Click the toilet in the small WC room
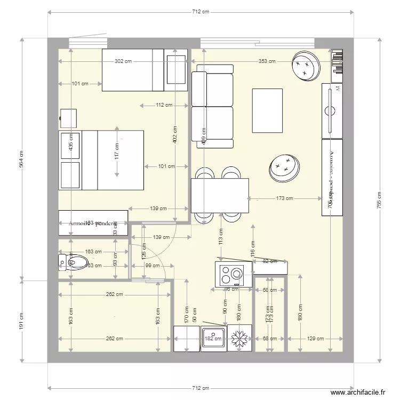[x=75, y=261]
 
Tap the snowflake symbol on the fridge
[x=239, y=338]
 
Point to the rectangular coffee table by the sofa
[x=267, y=111]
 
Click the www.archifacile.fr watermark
[x=358, y=393]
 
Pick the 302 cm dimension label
[x=123, y=61]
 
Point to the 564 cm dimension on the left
[x=22, y=158]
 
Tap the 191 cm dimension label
[x=22, y=320]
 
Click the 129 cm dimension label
[x=315, y=338]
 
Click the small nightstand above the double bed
[x=68, y=118]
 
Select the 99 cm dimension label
[x=152, y=265]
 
